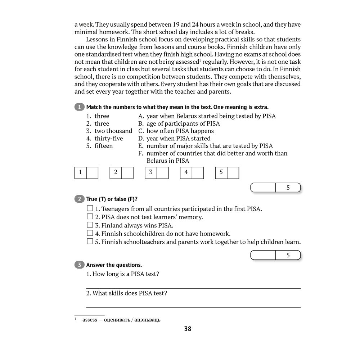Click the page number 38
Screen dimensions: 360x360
click(188, 329)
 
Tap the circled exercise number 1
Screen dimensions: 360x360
click(79, 107)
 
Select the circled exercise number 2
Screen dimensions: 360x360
click(79, 199)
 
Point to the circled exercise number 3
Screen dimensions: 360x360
click(79, 265)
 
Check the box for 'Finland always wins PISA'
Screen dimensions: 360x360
click(90, 225)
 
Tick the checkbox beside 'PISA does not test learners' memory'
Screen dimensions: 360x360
click(90, 217)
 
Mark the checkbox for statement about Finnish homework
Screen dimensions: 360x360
click(90, 233)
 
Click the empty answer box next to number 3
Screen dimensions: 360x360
click(163, 172)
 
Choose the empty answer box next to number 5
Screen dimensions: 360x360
click(233, 172)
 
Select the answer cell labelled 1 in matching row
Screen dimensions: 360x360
click(80, 172)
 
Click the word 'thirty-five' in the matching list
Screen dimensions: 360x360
click(109, 138)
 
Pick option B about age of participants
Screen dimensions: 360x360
click(179, 123)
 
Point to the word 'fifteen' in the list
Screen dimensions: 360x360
click(104, 146)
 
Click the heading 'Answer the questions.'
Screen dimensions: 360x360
click(114, 265)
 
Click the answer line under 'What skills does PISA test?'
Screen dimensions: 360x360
click(193, 307)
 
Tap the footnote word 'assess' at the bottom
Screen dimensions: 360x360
click(90, 320)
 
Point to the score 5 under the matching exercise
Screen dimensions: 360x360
click(288, 188)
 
